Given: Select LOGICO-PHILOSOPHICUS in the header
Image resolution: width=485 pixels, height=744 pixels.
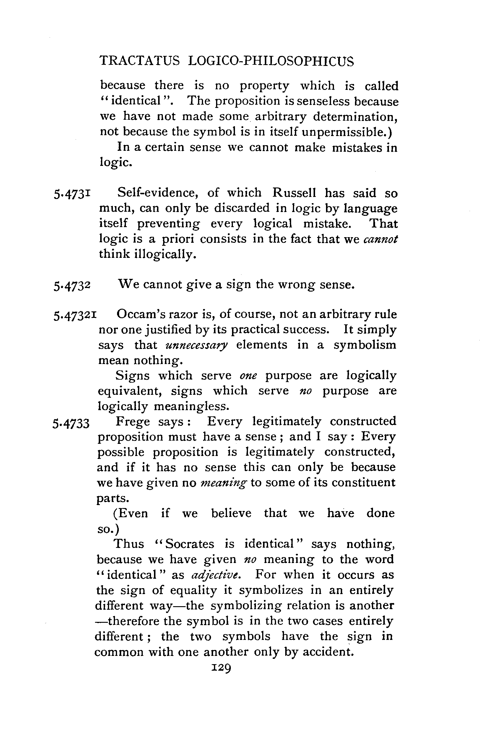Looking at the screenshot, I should [x=271, y=61].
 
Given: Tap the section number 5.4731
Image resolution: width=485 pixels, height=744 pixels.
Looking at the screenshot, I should [x=72, y=194].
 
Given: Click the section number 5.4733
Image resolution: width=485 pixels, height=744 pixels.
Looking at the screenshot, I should [x=71, y=423].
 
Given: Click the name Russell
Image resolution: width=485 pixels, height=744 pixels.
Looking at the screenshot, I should [x=294, y=193].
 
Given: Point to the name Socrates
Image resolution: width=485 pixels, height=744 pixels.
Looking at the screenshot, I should [x=189, y=544].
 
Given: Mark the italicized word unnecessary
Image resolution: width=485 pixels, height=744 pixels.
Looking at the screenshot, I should [x=197, y=345].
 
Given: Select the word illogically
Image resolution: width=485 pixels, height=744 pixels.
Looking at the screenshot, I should [x=165, y=254].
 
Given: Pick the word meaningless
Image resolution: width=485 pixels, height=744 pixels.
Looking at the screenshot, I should [x=192, y=406].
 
